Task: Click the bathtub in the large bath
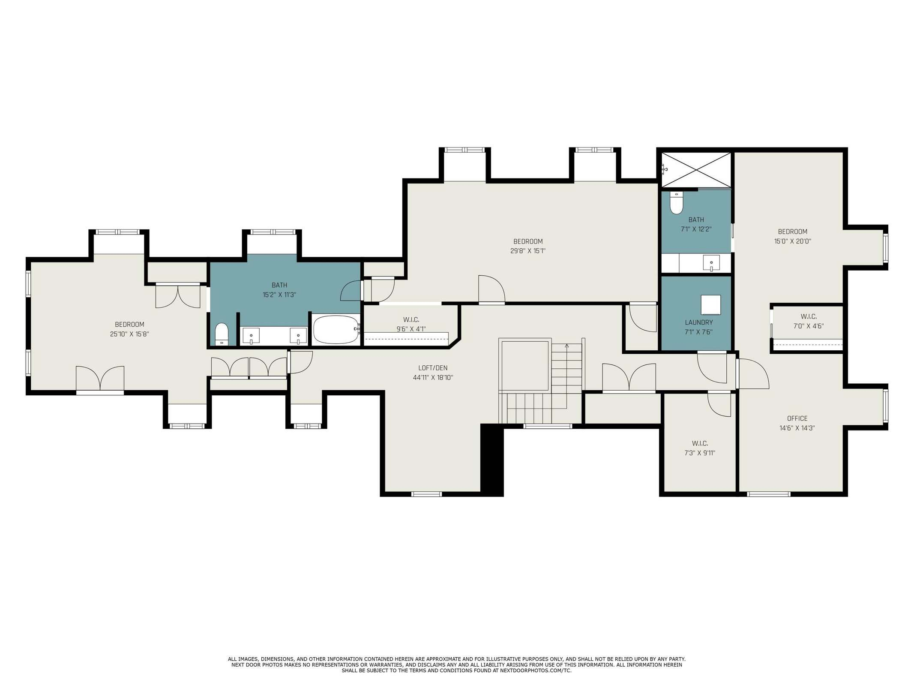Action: click(336, 330)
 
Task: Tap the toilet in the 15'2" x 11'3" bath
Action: click(222, 334)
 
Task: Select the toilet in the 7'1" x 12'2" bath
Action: click(676, 203)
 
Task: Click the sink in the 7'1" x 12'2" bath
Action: click(711, 263)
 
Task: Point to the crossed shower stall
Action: click(696, 170)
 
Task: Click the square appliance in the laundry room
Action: click(710, 305)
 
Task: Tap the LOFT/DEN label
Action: click(433, 368)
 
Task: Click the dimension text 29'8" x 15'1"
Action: click(528, 251)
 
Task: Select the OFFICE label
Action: click(797, 418)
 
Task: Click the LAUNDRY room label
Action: click(698, 322)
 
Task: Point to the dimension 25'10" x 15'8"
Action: click(129, 334)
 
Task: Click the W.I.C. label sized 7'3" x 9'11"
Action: click(700, 443)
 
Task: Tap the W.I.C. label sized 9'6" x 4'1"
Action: click(411, 319)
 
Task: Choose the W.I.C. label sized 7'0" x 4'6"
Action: click(808, 316)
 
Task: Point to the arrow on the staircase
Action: click(567, 346)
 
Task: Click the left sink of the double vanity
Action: click(251, 335)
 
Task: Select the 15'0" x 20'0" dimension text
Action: click(792, 241)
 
